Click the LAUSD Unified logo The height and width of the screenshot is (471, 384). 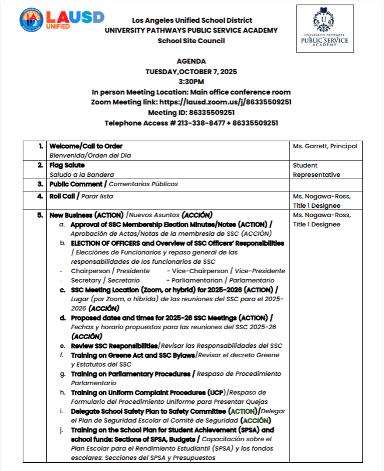pos(61,20)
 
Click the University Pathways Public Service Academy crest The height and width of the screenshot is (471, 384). pos(324,29)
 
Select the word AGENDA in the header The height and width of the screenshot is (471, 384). pos(191,61)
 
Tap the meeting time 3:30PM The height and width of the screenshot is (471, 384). pos(191,82)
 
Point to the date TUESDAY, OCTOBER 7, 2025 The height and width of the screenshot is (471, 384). pos(191,71)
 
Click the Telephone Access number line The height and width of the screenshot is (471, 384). pos(191,123)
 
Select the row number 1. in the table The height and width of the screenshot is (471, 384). pos(40,146)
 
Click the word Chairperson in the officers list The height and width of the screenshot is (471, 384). pos(90,271)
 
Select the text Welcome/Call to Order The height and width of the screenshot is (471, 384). pos(86,146)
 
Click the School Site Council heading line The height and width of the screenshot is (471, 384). pos(191,41)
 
